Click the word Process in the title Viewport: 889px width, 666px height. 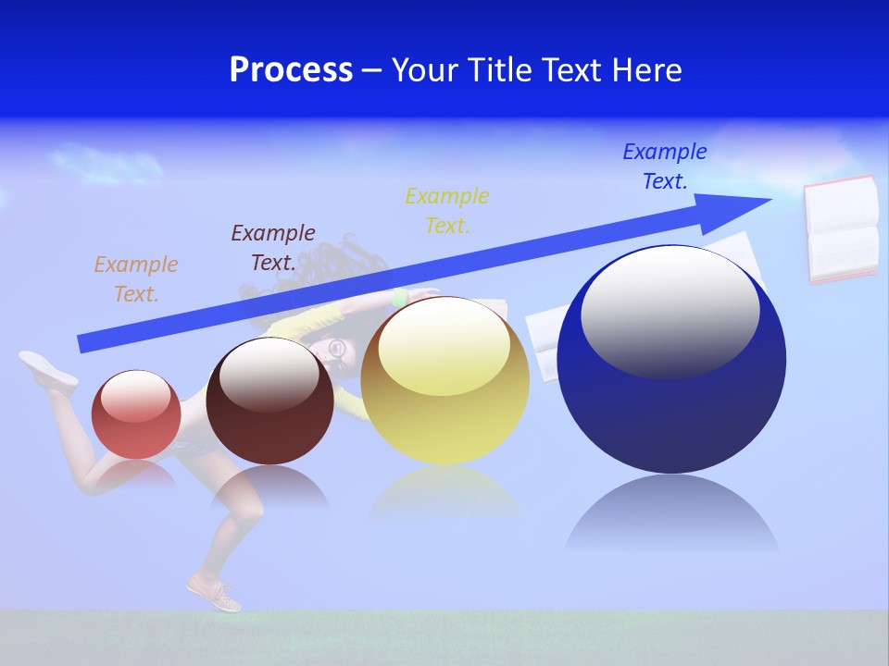coord(291,70)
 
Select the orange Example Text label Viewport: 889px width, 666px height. coord(136,279)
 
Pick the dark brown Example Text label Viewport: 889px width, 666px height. coord(273,248)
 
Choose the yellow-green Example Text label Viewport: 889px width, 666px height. coord(447,211)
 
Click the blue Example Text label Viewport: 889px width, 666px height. coord(665,166)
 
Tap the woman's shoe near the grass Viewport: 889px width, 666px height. coord(214,592)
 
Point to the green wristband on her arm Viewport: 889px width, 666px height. coord(400,297)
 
